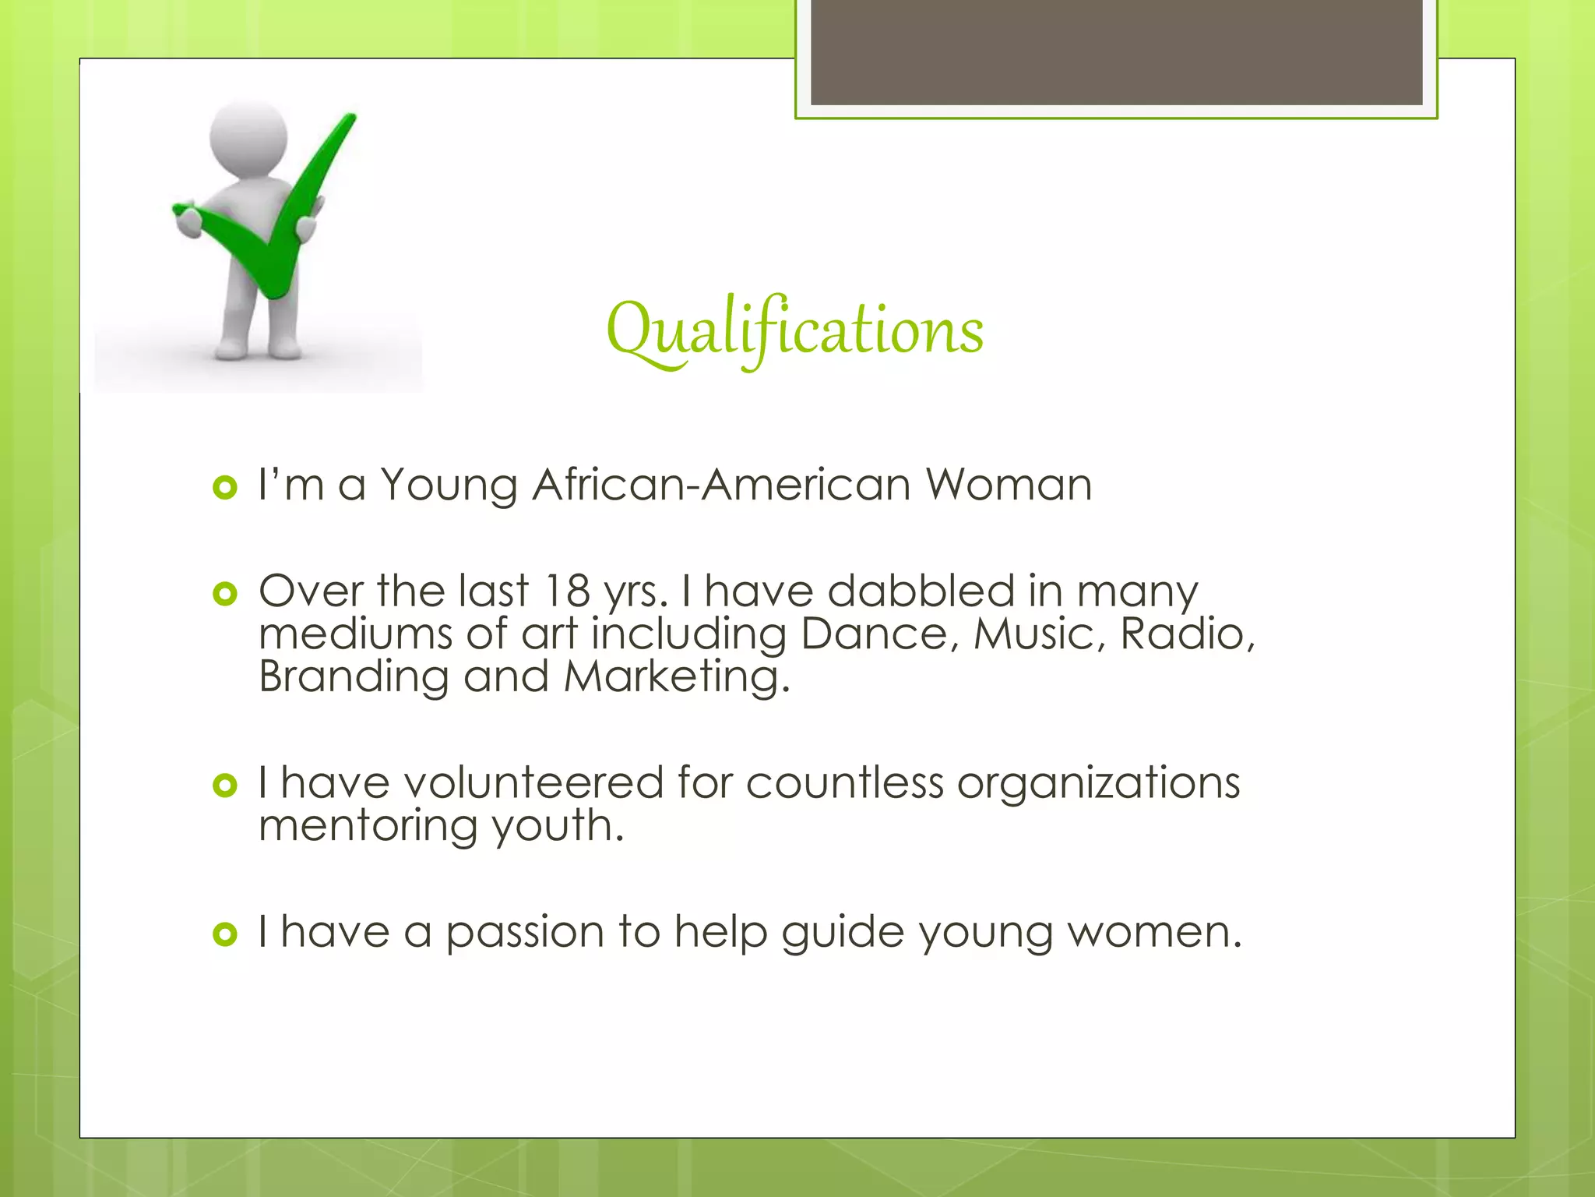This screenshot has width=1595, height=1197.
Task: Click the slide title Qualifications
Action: pyautogui.click(x=794, y=330)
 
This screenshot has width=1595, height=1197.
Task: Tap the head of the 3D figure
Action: pyautogui.click(x=248, y=139)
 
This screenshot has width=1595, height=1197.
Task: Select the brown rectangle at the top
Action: pyautogui.click(x=1116, y=51)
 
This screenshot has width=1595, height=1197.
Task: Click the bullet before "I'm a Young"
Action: pyautogui.click(x=224, y=488)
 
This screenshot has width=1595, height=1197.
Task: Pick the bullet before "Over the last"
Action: pyautogui.click(x=224, y=595)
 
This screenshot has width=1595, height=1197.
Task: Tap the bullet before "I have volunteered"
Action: pyautogui.click(x=224, y=786)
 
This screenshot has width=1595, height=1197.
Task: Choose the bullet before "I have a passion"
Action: pyautogui.click(x=224, y=934)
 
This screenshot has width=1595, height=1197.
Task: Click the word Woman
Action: pyautogui.click(x=1009, y=485)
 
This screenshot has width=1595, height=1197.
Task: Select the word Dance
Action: pyautogui.click(x=875, y=634)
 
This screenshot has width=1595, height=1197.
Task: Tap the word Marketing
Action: pyautogui.click(x=675, y=676)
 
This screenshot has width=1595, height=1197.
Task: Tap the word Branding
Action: pyautogui.click(x=354, y=676)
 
